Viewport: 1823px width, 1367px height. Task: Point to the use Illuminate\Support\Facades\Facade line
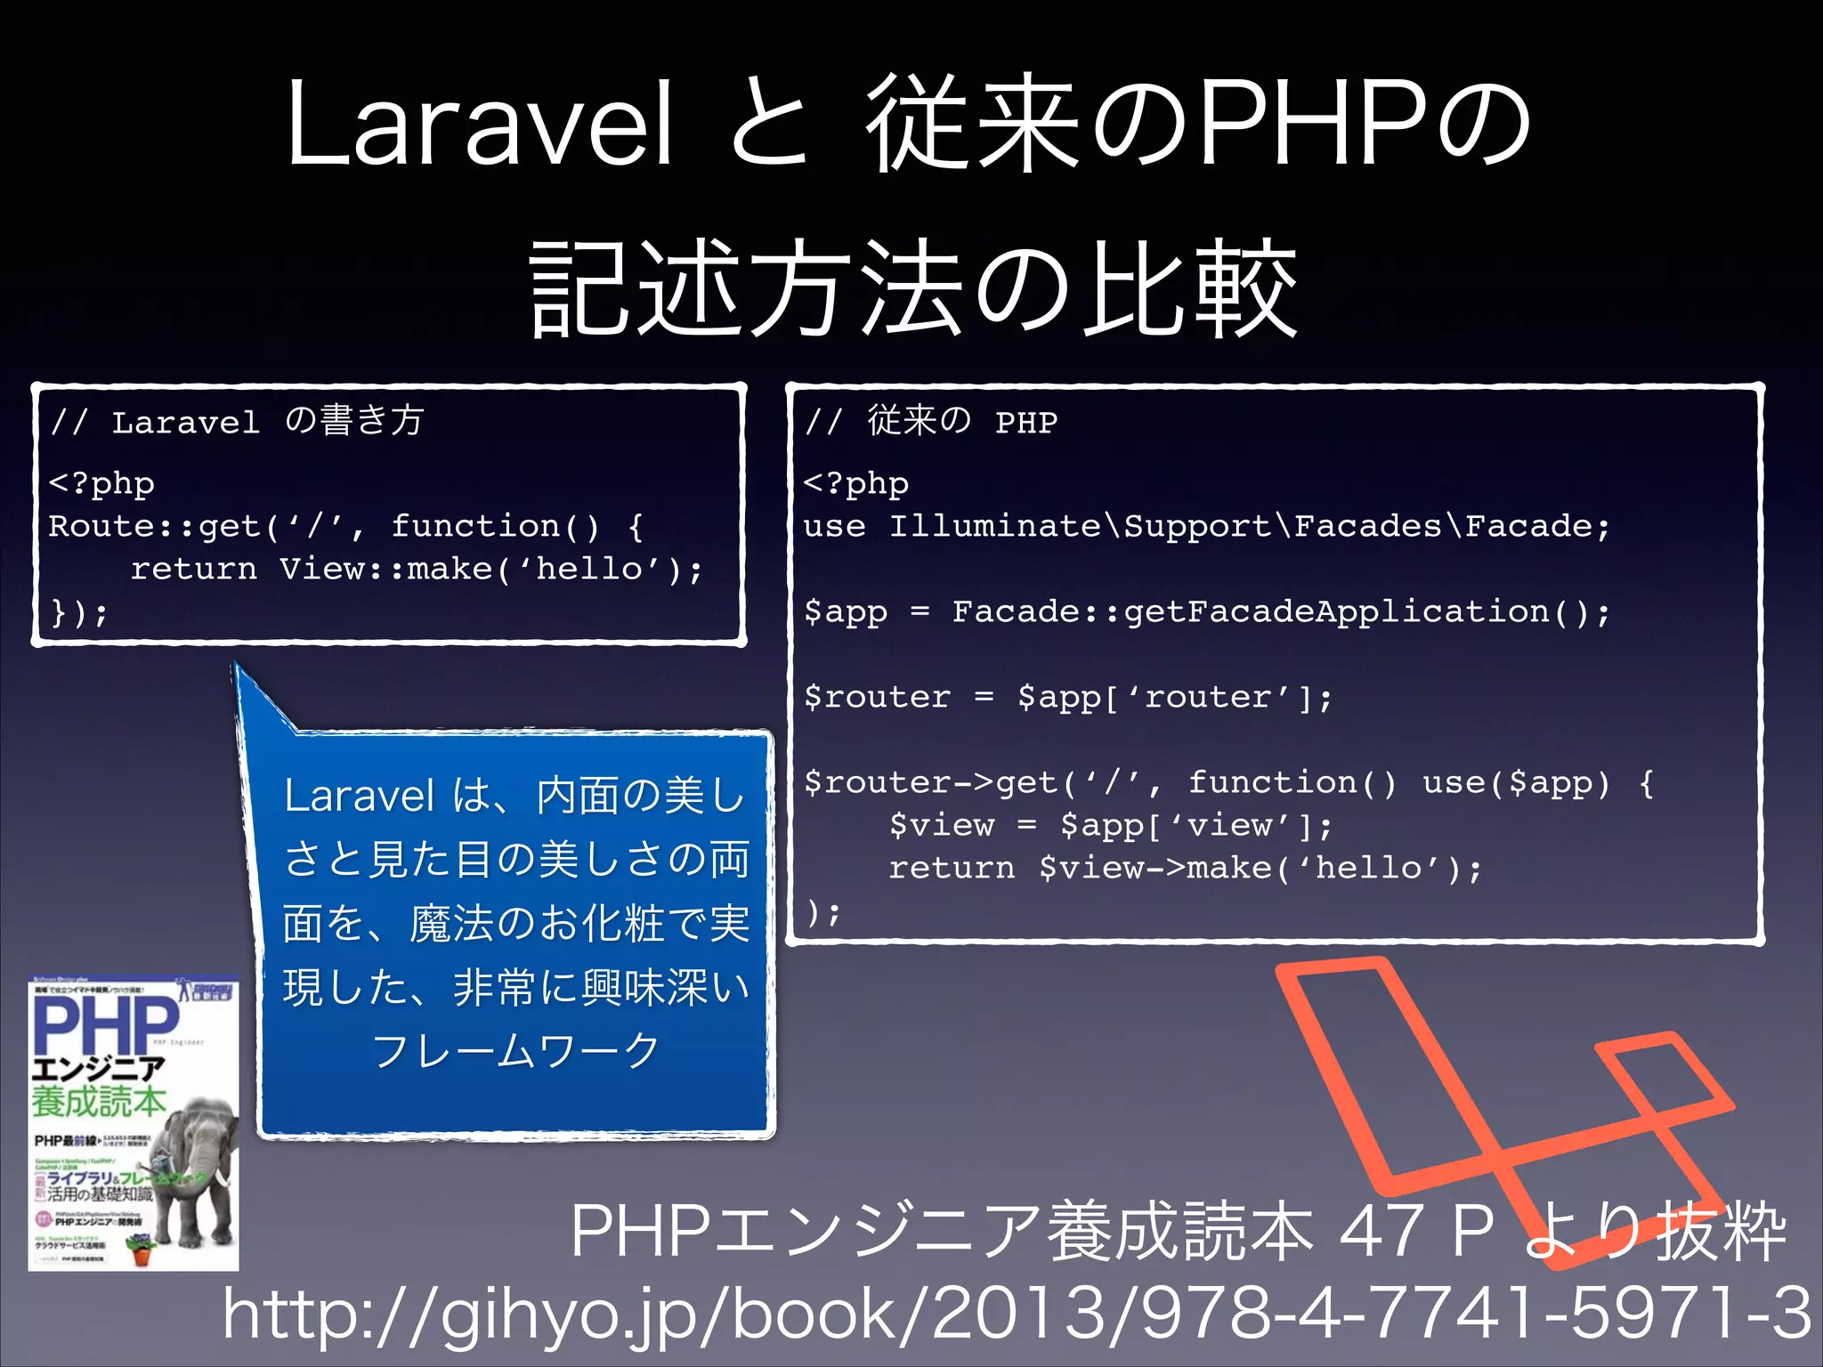1206,526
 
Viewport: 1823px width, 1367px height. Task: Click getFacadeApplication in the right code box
1335,611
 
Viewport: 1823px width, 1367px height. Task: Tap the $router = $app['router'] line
1067,697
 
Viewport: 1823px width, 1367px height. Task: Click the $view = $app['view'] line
1110,825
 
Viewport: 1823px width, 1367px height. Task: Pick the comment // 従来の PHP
931,421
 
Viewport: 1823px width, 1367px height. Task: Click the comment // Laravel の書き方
237,421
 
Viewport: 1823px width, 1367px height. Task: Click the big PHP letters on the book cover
105,1023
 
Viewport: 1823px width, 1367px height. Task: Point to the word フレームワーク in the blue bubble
515,1051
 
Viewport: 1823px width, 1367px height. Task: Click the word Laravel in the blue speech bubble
359,796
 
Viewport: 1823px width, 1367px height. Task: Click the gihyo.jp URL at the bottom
1015,1313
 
